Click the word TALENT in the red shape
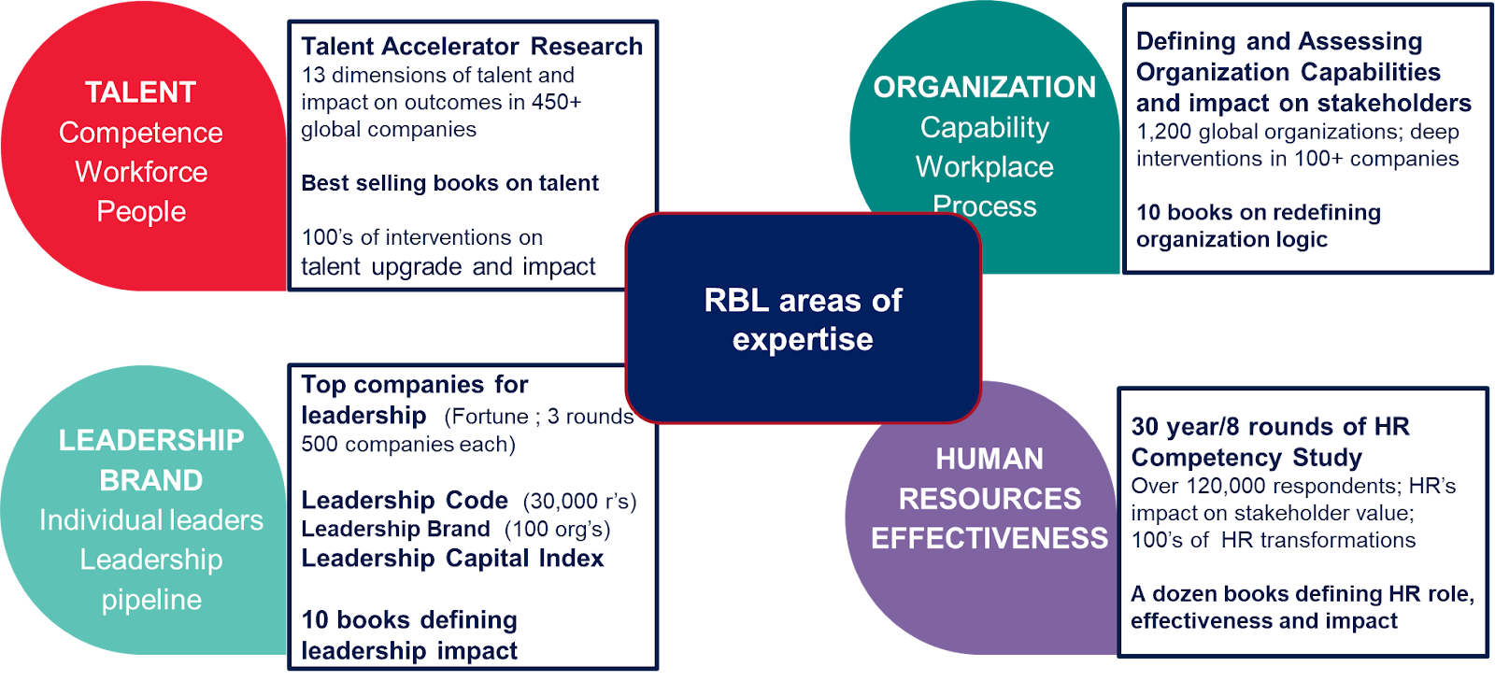click(x=140, y=92)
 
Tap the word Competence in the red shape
click(x=140, y=133)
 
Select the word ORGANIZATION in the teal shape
click(x=984, y=87)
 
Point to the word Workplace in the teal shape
click(x=984, y=166)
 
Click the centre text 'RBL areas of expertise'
click(x=803, y=319)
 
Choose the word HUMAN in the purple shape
click(x=990, y=459)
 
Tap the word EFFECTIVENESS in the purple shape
click(x=990, y=538)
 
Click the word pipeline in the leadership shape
click(x=151, y=599)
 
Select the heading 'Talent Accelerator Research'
click(x=472, y=46)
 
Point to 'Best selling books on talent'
click(x=449, y=183)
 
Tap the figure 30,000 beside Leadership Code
click(x=565, y=502)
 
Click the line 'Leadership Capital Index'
click(x=452, y=559)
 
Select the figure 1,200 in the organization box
click(x=1163, y=132)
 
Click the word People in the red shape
click(x=141, y=211)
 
